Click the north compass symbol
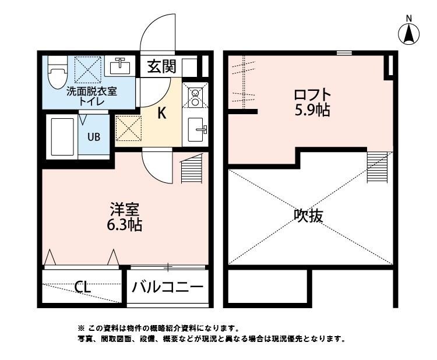tap(409, 33)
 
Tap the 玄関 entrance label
tap(161, 66)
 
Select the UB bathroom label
tap(93, 137)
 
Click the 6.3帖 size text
tap(125, 224)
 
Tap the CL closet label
tap(82, 287)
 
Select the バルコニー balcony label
tap(168, 287)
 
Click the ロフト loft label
tap(312, 94)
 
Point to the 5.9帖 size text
tap(312, 110)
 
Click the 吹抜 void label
tap(308, 216)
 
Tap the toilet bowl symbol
tap(57, 74)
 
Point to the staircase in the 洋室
tap(191, 171)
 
